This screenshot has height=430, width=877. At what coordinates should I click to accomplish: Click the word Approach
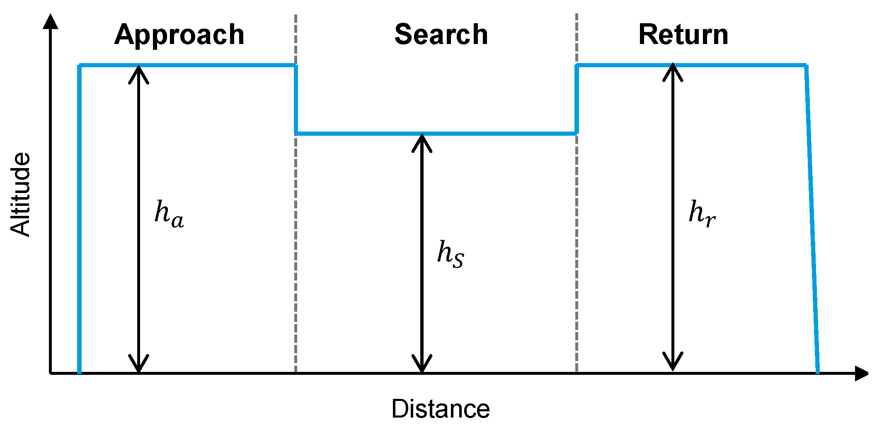tap(179, 35)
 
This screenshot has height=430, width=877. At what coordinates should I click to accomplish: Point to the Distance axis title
tap(441, 409)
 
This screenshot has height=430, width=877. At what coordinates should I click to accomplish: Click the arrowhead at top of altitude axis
tap(51, 21)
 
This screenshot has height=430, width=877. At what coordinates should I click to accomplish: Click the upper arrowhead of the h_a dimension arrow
tap(138, 73)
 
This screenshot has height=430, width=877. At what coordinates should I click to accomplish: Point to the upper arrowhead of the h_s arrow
tap(422, 142)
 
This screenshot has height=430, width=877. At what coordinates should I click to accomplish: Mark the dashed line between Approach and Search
tap(296, 249)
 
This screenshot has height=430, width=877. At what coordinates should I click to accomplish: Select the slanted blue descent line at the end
tap(812, 220)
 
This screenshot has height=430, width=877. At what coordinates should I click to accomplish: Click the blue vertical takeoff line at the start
tap(79, 220)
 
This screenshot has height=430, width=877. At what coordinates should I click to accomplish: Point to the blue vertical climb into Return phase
tap(577, 100)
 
